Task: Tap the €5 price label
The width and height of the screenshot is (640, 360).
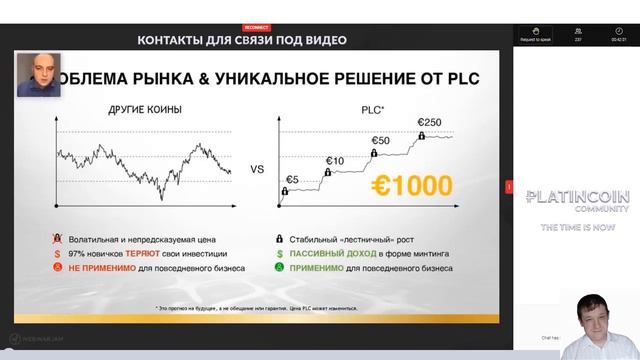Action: (292, 180)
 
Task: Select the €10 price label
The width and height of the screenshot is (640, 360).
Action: (334, 160)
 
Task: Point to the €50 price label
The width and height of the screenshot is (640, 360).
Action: (379, 140)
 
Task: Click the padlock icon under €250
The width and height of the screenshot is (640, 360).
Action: (422, 136)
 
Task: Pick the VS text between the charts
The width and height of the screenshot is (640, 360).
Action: (256, 170)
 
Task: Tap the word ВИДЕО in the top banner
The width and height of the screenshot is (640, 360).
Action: (327, 40)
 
